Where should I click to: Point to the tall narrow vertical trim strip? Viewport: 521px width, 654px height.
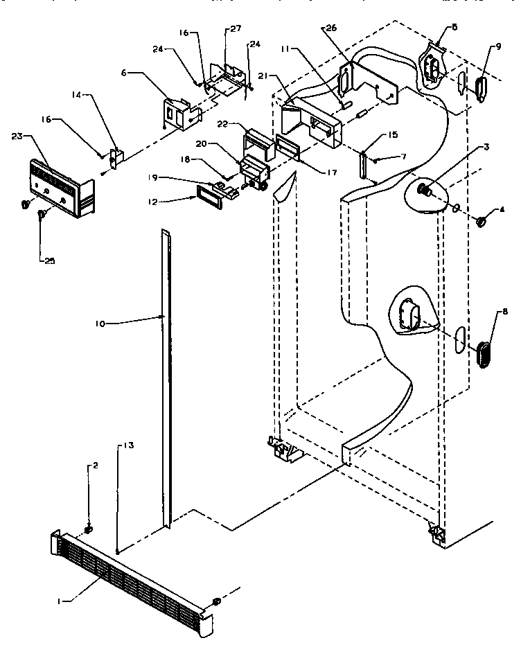pos(166,381)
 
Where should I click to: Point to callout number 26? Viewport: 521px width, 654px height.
pos(330,28)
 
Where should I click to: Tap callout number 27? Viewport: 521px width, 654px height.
pos(236,28)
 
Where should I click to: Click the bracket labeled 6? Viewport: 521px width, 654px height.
pos(179,112)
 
